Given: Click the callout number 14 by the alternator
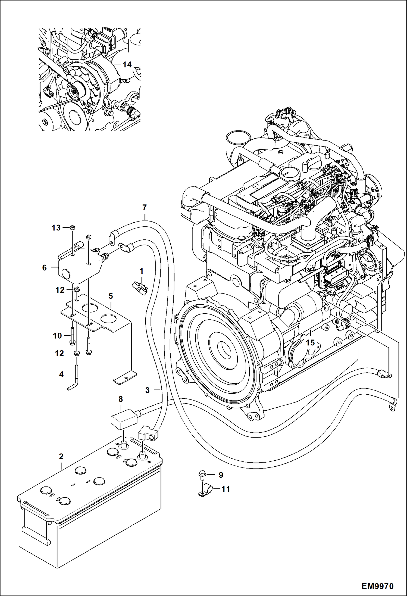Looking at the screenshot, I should pos(127,65).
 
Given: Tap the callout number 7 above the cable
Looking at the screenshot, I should pos(144,208).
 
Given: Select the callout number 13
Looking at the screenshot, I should pos(56,228).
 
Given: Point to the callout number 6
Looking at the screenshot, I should pos(45,268).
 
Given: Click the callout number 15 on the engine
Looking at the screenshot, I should pos(310,343).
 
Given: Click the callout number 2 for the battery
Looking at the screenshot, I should pos(61,456).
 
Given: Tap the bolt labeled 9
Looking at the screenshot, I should pos(202,475).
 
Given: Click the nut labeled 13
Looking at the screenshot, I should pos(73,227).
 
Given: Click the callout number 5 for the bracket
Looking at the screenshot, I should pos(111,296).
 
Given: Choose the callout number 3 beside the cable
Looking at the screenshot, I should pos(148,390).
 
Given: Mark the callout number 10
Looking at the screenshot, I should pos(57,336).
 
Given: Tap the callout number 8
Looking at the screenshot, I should pos(121,399).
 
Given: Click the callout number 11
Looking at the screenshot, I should pos(226,489).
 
